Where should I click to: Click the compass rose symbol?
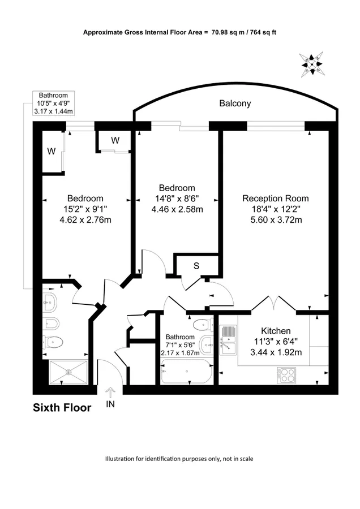click(311, 64)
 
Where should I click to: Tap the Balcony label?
click(235, 103)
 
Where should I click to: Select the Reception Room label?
click(276, 199)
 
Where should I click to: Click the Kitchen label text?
click(276, 331)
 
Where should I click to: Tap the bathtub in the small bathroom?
click(187, 372)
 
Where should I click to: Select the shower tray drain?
click(68, 372)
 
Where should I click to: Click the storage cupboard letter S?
click(196, 266)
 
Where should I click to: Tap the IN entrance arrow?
click(110, 393)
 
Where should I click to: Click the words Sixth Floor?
click(62, 408)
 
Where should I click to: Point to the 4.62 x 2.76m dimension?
click(85, 220)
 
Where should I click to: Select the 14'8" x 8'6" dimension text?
click(177, 199)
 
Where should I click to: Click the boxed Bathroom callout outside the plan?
click(54, 103)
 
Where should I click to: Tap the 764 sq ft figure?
click(263, 32)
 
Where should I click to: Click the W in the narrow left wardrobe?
click(52, 151)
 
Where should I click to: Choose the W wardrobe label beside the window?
click(115, 140)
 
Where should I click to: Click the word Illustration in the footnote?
click(119, 459)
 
